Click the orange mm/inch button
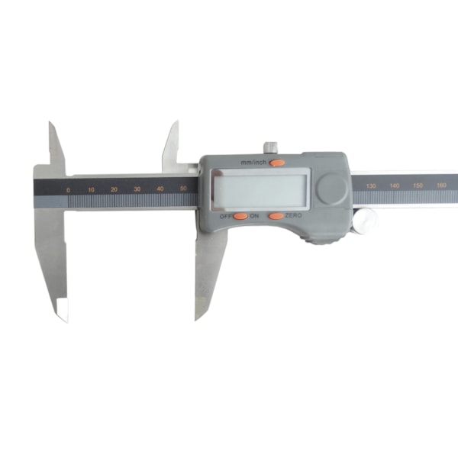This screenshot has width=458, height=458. point(276,163)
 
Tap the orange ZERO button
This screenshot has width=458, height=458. point(276,216)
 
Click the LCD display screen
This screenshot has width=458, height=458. point(260,189)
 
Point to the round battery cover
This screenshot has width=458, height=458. point(332,189)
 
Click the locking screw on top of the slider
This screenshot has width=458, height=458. point(270,147)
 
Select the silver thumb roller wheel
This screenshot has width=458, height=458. point(365,221)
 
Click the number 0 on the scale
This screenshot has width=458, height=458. point(68,190)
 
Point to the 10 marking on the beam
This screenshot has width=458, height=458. point(91,190)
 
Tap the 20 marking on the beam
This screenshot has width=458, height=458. point(114,189)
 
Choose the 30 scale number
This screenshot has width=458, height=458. point(137,189)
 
